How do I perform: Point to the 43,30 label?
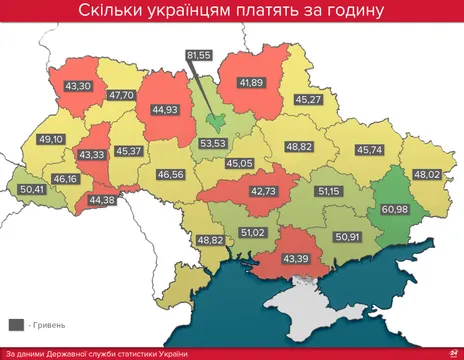click(x=77, y=86)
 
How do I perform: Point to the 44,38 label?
click(x=102, y=200)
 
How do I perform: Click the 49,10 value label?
click(x=50, y=139)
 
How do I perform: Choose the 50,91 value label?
click(x=347, y=237)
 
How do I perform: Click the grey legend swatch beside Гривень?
click(x=17, y=325)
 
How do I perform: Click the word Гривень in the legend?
click(x=50, y=325)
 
